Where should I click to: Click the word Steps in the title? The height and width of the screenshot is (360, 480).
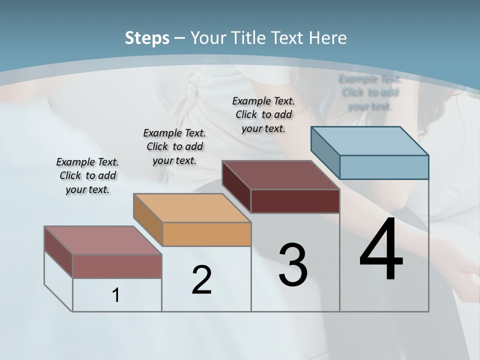click(x=147, y=38)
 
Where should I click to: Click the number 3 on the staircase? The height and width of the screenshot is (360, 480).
click(x=293, y=265)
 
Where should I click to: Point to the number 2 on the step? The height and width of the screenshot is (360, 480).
click(x=201, y=280)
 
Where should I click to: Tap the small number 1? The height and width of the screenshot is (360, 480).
click(x=116, y=295)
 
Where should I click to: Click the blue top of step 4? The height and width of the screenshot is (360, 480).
click(x=370, y=140)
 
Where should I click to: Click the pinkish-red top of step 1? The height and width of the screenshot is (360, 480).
click(x=103, y=240)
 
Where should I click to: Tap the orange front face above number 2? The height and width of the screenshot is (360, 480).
click(x=206, y=234)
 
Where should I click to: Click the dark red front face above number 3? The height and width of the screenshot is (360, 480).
click(x=295, y=201)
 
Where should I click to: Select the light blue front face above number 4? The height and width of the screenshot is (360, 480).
click(x=384, y=167)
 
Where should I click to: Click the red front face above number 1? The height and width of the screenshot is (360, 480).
click(x=117, y=266)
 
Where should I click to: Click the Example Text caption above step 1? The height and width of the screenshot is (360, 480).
click(x=87, y=176)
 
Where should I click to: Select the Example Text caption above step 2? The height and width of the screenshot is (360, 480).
click(x=174, y=146)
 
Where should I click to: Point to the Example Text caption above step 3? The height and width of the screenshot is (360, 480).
click(x=263, y=114)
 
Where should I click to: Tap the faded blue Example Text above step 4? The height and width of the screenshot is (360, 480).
click(x=369, y=92)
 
